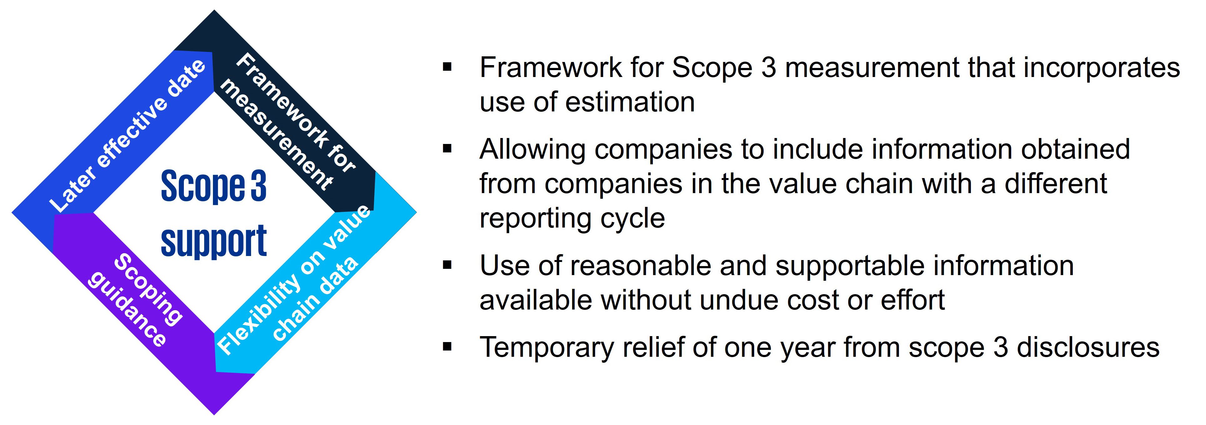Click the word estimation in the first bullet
tap(630, 102)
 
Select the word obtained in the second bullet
tap(1075, 149)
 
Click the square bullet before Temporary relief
tap(447, 347)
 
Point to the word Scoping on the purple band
tap(149, 289)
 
